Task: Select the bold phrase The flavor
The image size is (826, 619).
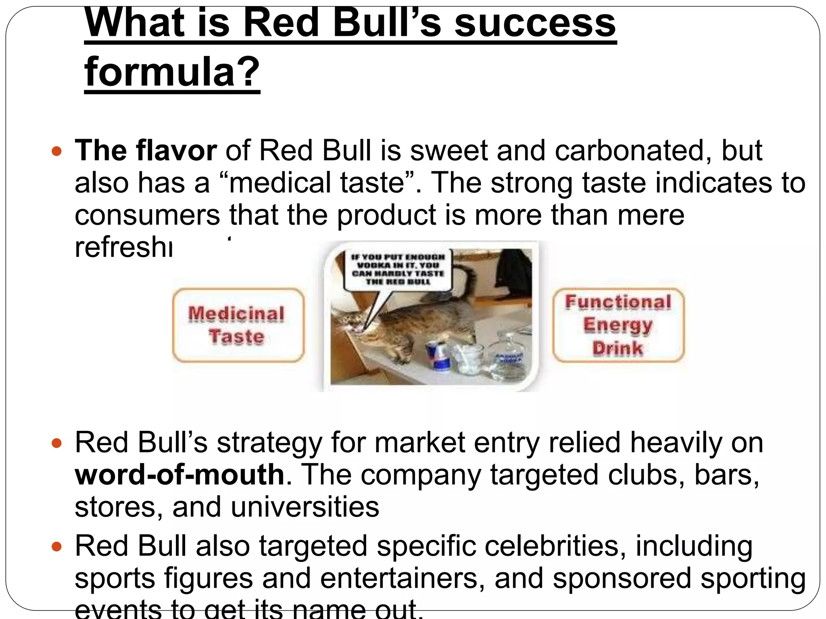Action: (x=146, y=151)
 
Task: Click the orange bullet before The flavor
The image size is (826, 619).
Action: (x=57, y=152)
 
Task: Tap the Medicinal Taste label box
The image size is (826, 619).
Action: (x=238, y=325)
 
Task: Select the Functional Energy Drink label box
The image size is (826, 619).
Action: (x=618, y=325)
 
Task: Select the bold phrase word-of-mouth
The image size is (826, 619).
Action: (x=180, y=475)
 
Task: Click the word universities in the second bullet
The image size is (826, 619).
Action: (x=305, y=507)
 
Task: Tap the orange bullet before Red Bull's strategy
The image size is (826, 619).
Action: (x=57, y=444)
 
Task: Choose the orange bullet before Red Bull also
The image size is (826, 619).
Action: (x=57, y=547)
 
